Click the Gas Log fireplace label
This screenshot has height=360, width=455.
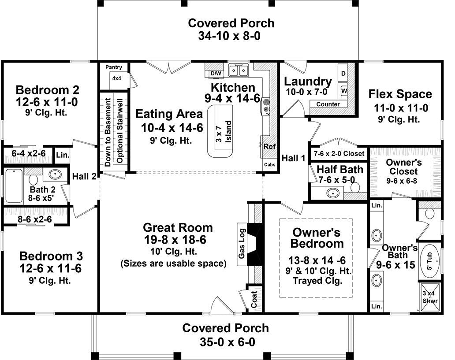(242, 244)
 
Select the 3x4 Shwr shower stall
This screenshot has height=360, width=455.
(430, 297)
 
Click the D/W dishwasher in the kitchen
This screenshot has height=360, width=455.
(216, 74)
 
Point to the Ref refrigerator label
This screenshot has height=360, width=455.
(269, 147)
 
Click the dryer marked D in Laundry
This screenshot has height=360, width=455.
(343, 74)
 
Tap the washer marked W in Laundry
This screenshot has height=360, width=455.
(343, 91)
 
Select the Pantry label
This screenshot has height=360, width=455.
(114, 67)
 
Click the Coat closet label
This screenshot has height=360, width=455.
(254, 299)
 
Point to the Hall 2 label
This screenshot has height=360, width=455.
(84, 176)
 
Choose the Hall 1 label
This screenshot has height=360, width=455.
(294, 158)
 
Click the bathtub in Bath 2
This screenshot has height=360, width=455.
(14, 186)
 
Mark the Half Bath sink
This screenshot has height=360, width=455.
(333, 193)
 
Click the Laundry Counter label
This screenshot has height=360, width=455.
(328, 104)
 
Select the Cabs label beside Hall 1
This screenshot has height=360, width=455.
(269, 165)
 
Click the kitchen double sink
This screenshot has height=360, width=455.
(239, 70)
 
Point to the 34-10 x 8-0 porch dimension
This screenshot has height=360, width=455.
(229, 36)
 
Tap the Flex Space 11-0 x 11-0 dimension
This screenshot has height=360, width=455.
(401, 108)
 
